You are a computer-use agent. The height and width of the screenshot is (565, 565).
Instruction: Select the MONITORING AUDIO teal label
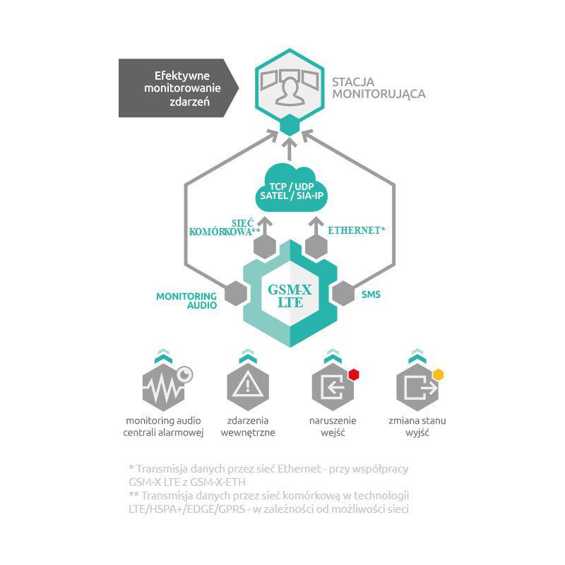[186, 300]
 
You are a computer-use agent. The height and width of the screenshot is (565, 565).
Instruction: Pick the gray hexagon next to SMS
[346, 292]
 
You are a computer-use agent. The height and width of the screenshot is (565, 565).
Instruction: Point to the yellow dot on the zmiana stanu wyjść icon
[439, 374]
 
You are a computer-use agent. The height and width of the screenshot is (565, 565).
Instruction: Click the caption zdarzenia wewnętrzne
[248, 427]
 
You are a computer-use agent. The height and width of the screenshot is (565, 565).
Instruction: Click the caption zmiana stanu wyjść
[417, 427]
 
